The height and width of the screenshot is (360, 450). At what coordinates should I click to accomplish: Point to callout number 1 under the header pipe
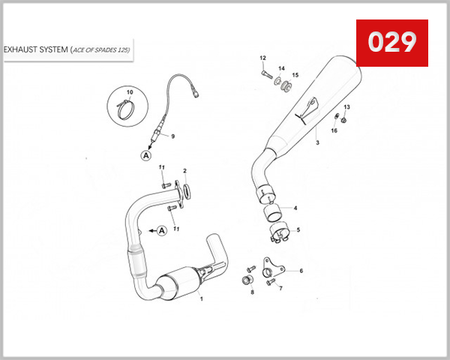(x=201, y=298)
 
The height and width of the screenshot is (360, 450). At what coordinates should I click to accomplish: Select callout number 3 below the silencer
(x=317, y=142)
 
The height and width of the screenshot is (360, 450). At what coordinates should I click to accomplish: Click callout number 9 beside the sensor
(x=172, y=136)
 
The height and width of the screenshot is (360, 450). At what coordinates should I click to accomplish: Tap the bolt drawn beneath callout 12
(x=266, y=73)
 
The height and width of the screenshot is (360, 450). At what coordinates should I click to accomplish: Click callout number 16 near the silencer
(x=334, y=130)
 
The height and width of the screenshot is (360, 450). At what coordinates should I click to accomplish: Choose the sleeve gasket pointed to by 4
(x=275, y=209)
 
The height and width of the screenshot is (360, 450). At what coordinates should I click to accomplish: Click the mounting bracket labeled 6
(x=266, y=268)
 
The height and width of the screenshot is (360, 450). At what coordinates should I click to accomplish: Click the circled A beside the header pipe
(x=161, y=230)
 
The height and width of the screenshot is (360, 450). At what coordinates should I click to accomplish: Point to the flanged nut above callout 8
(x=244, y=281)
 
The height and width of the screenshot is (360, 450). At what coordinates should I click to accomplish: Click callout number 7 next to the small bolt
(x=279, y=288)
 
